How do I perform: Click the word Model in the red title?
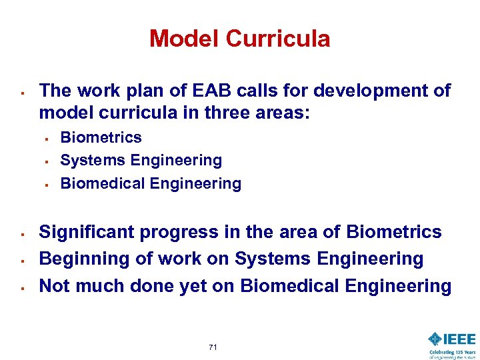coord(185,39)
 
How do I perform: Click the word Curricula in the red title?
coord(277,39)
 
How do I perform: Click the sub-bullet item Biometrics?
coord(101,137)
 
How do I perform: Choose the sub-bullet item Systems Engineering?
coord(141,160)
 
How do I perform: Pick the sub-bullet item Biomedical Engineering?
coord(151,183)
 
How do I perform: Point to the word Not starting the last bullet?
coord(54,285)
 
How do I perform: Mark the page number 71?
coord(213,347)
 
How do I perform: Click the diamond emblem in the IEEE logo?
coord(435,339)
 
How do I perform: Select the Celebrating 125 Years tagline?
coord(452,352)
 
